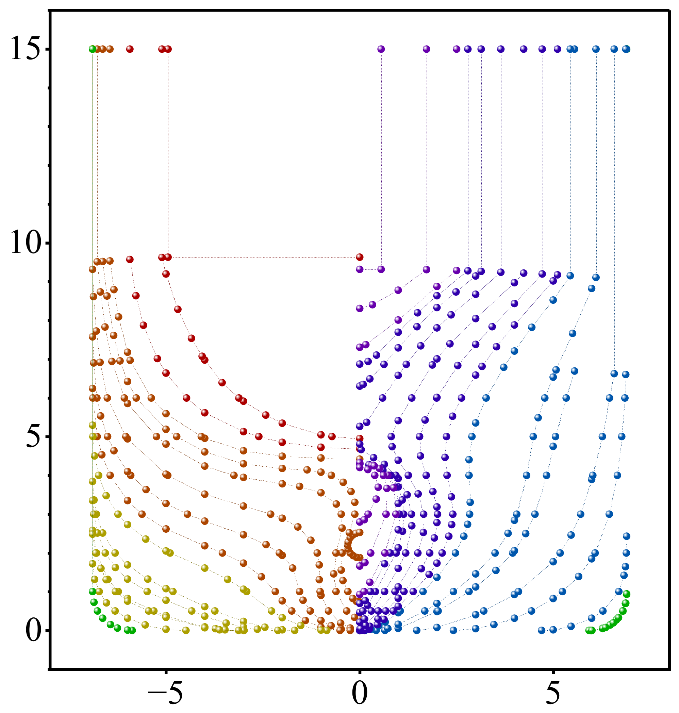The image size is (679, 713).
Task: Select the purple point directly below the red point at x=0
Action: [360, 269]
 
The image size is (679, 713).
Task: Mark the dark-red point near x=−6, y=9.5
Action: [130, 260]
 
